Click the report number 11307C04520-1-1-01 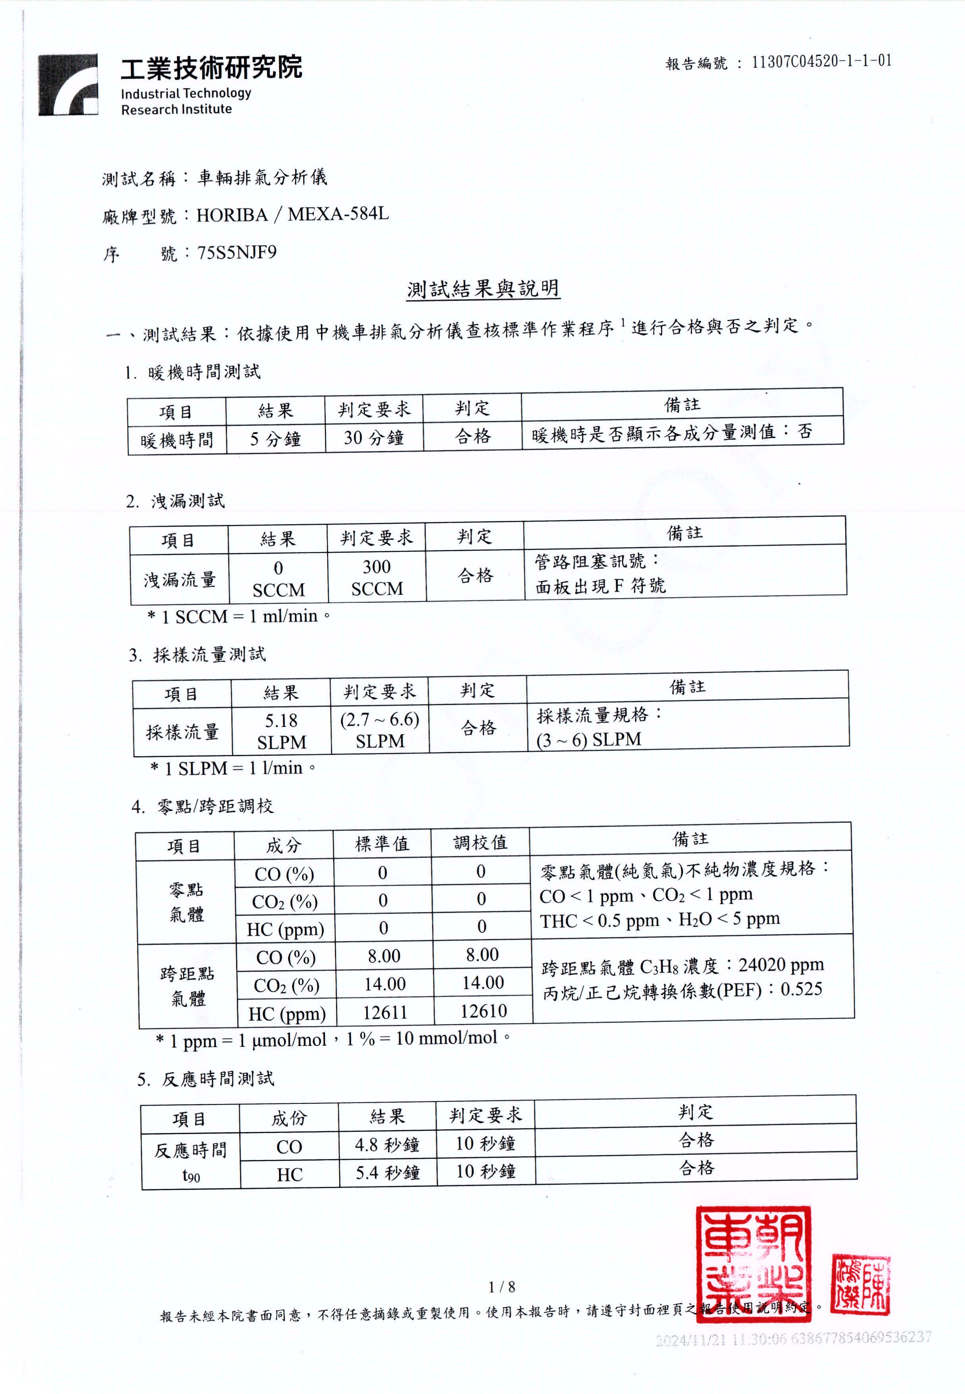coord(821,61)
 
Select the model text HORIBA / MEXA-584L coord(293,215)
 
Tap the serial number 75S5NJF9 coord(237,252)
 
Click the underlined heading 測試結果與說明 coord(483,289)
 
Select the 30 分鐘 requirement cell coord(374,437)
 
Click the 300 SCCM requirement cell coord(377,577)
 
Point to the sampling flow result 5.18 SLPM coord(281,730)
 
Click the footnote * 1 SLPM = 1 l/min coord(233,768)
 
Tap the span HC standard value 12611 coord(385,1012)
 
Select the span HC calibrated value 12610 coord(483,1011)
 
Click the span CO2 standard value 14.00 coord(385,984)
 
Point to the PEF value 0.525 coord(801,989)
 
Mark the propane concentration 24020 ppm coord(781,964)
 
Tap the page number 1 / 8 coord(502,1286)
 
